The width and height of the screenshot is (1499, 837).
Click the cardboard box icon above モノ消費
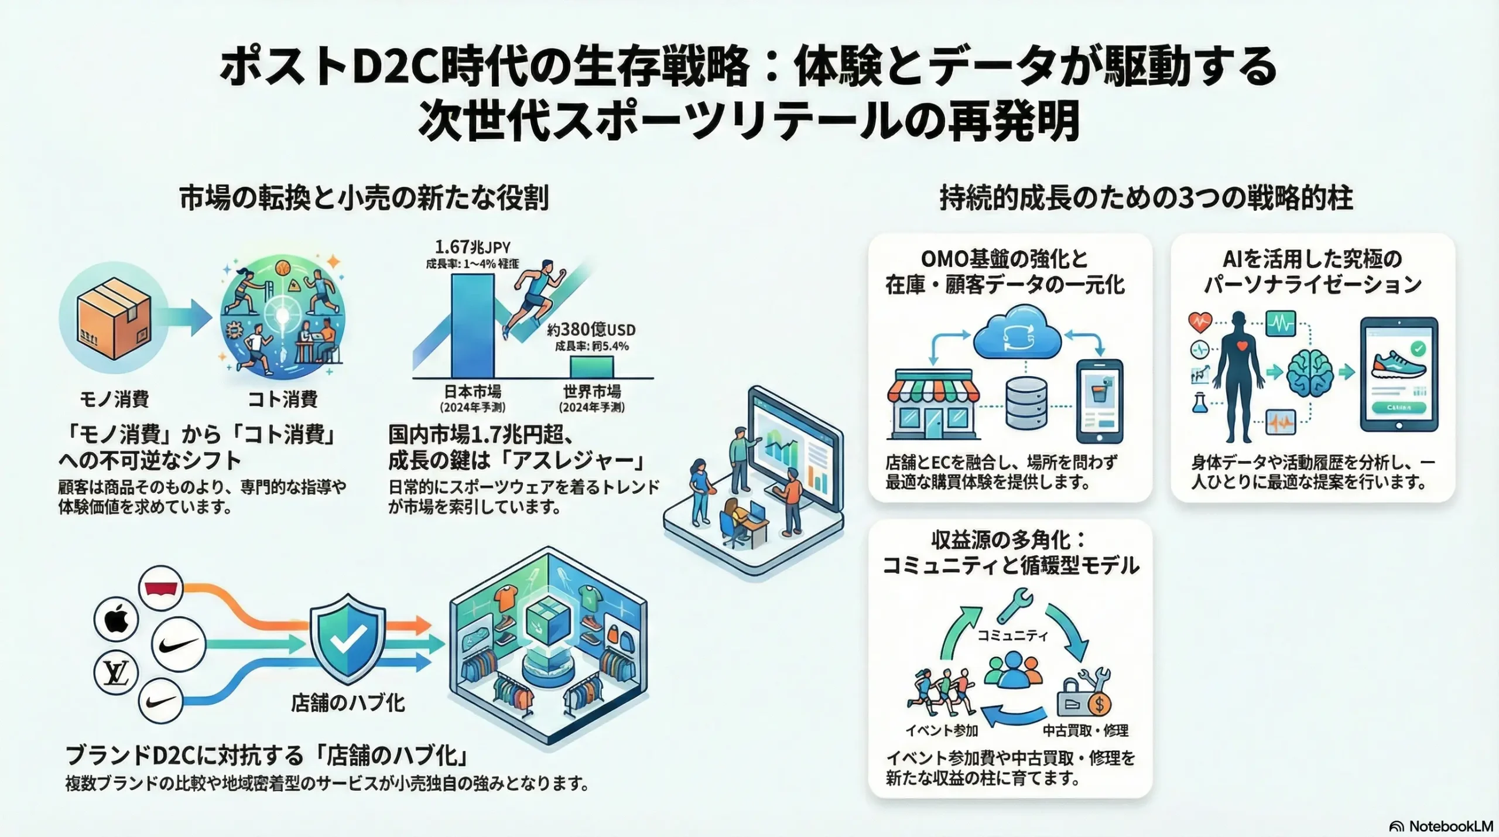(x=114, y=318)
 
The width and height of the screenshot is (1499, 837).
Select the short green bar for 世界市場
(x=592, y=367)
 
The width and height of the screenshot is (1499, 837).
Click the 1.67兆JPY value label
(x=472, y=247)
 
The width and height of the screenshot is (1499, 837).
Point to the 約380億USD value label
(x=591, y=330)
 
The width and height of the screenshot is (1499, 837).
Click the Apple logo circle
(x=116, y=620)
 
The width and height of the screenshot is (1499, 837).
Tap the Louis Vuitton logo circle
(x=116, y=672)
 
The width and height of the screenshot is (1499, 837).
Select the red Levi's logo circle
(x=161, y=587)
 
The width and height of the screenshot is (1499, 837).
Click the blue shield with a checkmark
(x=347, y=638)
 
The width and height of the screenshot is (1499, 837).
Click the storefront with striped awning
(x=933, y=405)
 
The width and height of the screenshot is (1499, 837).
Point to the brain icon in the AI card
(x=1309, y=373)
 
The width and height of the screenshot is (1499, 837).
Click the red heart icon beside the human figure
(x=1200, y=322)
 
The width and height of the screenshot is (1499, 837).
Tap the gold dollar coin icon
(x=1098, y=704)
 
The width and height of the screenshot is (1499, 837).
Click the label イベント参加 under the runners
(x=942, y=730)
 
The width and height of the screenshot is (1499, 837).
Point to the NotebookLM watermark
(x=1440, y=826)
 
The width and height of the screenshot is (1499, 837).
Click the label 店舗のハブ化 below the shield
(x=347, y=703)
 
